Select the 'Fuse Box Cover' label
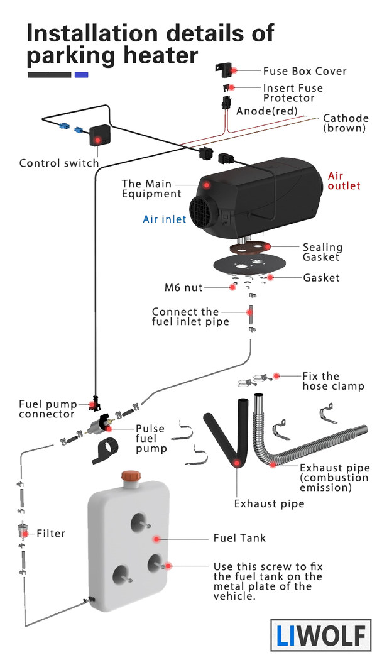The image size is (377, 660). [x=305, y=71]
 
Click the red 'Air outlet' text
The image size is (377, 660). [x=344, y=180]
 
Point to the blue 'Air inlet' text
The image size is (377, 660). [x=165, y=219]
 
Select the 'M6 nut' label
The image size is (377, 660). [x=183, y=288]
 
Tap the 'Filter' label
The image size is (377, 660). [x=51, y=534]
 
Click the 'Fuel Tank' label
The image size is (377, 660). [x=239, y=538]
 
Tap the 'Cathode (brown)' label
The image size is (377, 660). [x=344, y=123]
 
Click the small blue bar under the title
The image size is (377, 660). [x=81, y=75]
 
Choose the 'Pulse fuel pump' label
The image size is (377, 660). [x=151, y=438]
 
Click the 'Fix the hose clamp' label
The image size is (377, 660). [x=332, y=381]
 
